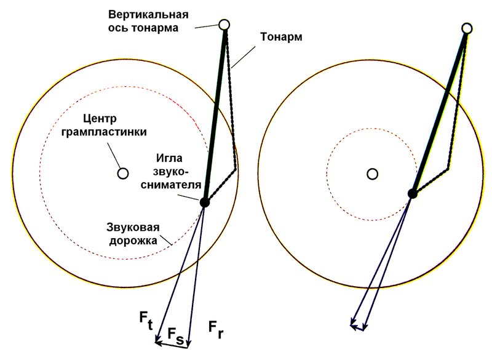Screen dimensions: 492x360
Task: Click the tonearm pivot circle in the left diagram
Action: [x=224, y=25]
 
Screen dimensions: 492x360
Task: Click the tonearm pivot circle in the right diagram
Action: [x=467, y=28]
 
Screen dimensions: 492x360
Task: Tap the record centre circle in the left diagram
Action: [x=122, y=174]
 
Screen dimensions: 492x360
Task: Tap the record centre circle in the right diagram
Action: [x=372, y=174]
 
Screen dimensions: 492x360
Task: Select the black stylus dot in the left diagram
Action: [x=204, y=202]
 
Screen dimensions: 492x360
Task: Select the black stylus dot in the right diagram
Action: [x=413, y=194]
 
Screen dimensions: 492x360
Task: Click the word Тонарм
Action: [x=281, y=37]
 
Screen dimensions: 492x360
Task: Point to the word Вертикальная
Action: [x=148, y=15]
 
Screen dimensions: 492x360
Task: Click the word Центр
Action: [x=100, y=119]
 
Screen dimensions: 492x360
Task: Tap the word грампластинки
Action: [x=104, y=132]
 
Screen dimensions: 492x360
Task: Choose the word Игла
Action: [x=170, y=158]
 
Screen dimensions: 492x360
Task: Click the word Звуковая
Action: [x=133, y=228]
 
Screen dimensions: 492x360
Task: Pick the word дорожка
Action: [x=133, y=241]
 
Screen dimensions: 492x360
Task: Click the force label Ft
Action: [x=146, y=321]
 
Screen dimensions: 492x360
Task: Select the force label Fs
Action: [x=175, y=335]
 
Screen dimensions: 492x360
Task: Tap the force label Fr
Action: [x=216, y=330]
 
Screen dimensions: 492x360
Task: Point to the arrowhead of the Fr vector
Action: [x=188, y=345]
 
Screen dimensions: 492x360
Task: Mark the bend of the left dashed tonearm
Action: [x=236, y=169]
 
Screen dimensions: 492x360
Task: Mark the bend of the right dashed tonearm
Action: [x=448, y=169]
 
